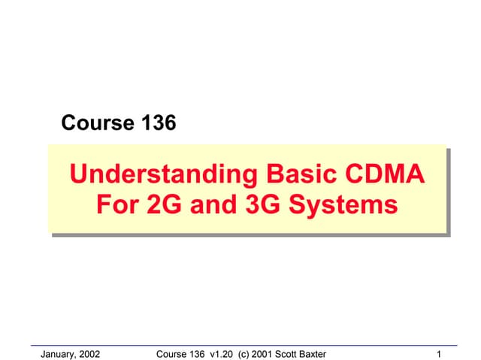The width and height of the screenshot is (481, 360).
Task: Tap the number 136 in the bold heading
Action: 156,123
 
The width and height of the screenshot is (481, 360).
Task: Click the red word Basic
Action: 301,176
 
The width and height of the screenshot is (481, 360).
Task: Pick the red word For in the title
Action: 116,204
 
